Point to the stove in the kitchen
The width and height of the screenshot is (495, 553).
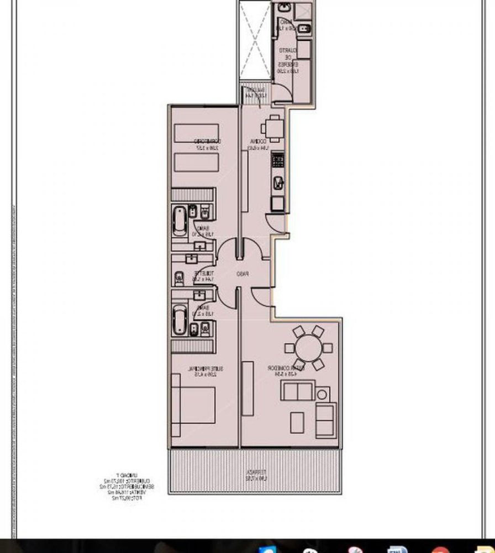278,162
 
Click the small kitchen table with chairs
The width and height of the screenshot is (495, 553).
272,128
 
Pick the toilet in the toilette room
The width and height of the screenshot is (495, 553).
180,276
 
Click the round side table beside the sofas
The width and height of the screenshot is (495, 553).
322,394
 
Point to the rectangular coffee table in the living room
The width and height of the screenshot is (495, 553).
298,423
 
